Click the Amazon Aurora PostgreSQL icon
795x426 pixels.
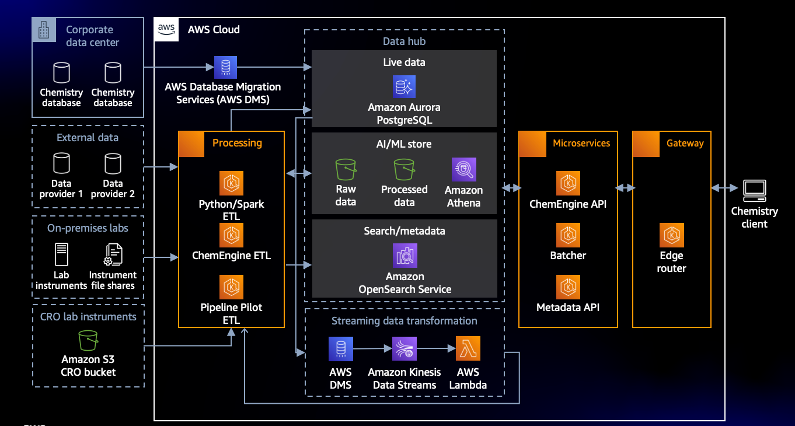tap(404, 87)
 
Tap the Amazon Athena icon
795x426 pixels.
tap(463, 170)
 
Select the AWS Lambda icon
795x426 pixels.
tap(468, 349)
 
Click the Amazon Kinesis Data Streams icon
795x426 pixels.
tap(404, 349)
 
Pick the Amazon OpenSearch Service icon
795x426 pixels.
tap(405, 255)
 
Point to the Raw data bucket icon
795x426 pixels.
tap(346, 170)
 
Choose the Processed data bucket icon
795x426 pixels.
tap(404, 170)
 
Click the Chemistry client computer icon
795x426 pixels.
tap(754, 190)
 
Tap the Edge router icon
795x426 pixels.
tap(671, 235)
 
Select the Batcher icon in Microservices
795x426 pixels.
tap(568, 235)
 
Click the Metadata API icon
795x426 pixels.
tap(568, 287)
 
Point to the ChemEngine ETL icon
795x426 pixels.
tap(231, 235)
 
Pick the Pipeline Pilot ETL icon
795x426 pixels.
tap(231, 287)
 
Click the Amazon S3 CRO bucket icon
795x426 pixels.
tap(88, 341)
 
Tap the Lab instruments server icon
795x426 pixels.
tap(61, 254)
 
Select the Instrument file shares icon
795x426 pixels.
tap(113, 254)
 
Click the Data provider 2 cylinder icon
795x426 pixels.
tap(113, 164)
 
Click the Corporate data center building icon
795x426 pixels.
tap(44, 30)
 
